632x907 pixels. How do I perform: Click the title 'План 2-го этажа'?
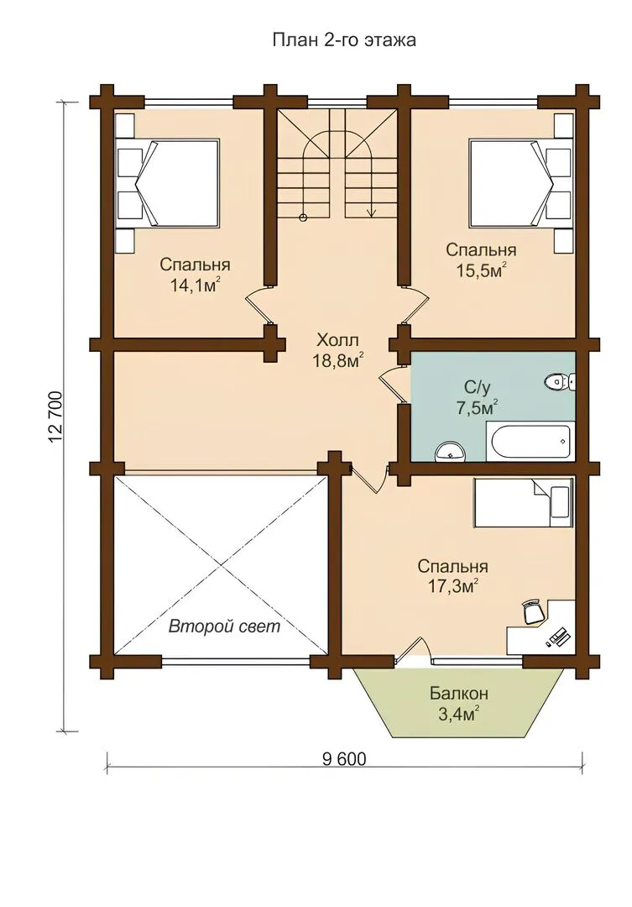click(x=344, y=40)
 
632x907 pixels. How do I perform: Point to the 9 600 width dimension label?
click(x=344, y=758)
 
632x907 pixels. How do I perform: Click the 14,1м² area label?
click(x=195, y=285)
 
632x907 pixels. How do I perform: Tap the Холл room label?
click(x=337, y=339)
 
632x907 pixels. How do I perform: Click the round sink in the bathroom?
click(x=449, y=451)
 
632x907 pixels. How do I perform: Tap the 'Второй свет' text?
click(x=224, y=626)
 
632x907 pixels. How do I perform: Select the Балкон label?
click(x=459, y=692)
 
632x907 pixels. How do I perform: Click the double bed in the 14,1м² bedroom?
click(x=168, y=183)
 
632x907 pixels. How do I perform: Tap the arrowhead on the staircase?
click(x=371, y=212)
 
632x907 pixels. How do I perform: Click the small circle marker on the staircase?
click(x=302, y=218)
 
